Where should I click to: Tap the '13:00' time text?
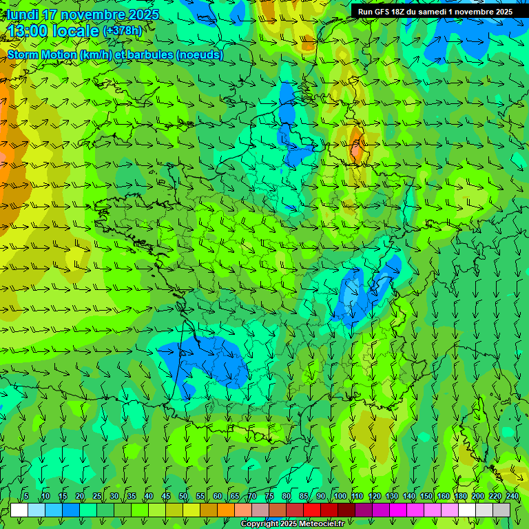point(32,31)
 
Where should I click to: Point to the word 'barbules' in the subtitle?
point(152,55)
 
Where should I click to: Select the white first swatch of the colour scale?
point(19,510)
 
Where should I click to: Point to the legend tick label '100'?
point(340,497)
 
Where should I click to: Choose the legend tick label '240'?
point(512,497)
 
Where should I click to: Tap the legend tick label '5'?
point(26,497)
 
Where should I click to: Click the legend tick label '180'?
point(460,497)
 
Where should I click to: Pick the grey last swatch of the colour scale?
point(501,510)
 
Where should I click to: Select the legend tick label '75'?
point(269,497)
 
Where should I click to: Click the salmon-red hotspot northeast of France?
point(357,146)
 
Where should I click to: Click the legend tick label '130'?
point(392,497)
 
